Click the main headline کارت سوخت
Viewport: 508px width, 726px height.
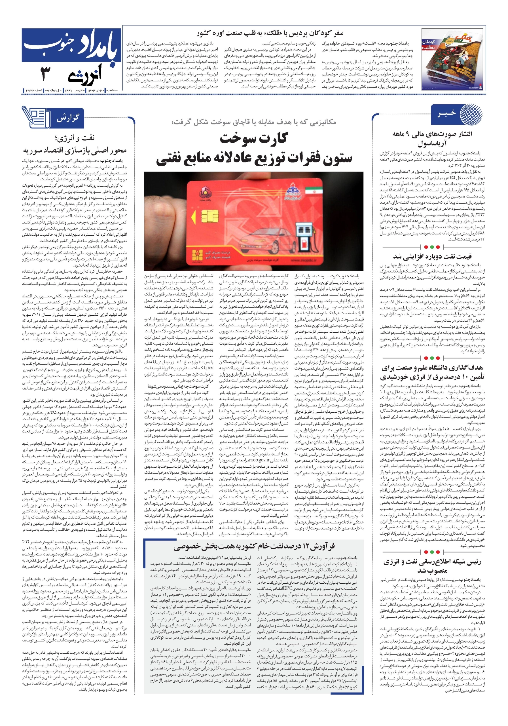point(253,138)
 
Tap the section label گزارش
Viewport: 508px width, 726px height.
point(67,118)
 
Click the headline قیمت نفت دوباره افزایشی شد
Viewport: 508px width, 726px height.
point(432,256)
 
